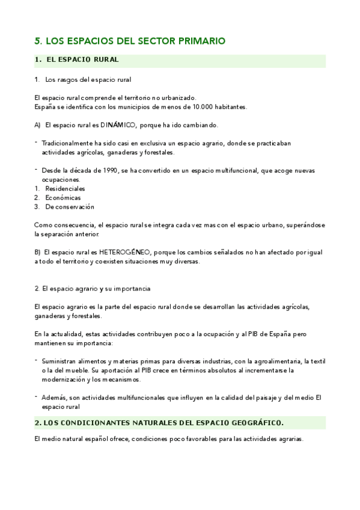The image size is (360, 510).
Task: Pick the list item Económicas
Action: [63, 197]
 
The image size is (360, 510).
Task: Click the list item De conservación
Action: [69, 206]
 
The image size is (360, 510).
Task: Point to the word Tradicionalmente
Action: [69, 143]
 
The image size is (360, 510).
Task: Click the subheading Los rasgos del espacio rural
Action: [88, 79]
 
